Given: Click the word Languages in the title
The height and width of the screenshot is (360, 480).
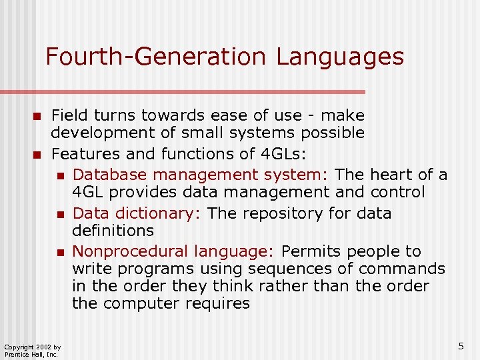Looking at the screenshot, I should click(x=340, y=57).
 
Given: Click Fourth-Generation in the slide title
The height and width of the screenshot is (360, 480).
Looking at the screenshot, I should click(x=157, y=57).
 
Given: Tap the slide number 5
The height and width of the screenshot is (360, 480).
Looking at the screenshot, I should click(x=461, y=346).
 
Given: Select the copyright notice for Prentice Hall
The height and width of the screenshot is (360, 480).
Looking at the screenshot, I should click(x=33, y=350).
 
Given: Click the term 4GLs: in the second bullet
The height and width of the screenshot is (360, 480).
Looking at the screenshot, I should click(x=282, y=154).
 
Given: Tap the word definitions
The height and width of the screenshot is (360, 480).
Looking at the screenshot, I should click(x=113, y=231).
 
